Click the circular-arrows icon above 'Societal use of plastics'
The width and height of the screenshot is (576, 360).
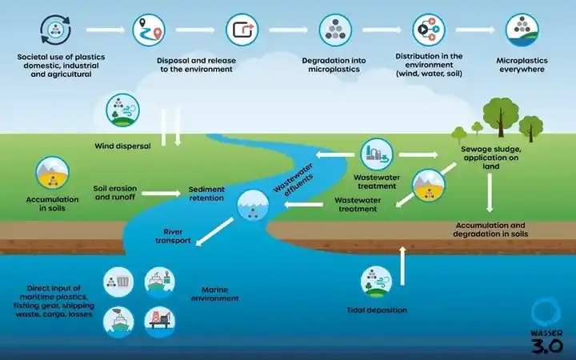[55, 30]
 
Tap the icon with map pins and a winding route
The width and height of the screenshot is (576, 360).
[149, 30]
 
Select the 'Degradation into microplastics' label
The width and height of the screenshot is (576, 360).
[334, 65]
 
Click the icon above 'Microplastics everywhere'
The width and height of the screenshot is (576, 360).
[522, 30]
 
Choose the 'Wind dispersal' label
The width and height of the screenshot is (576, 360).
[122, 146]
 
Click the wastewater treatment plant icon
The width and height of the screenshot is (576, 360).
[377, 154]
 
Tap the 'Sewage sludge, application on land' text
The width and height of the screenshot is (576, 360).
[490, 158]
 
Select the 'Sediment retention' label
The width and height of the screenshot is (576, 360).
[206, 194]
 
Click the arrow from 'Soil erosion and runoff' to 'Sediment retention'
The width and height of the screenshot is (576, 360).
[162, 194]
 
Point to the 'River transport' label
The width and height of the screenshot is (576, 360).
[173, 236]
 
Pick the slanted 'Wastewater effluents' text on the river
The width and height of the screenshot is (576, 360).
[294, 178]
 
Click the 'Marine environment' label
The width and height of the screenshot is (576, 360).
[215, 294]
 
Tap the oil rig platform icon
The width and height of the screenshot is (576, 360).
[160, 322]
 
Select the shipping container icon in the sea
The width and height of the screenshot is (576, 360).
[118, 282]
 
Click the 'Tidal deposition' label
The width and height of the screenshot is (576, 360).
[377, 310]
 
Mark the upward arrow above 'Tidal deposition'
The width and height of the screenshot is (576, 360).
[402, 266]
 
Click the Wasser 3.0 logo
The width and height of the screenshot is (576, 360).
[546, 326]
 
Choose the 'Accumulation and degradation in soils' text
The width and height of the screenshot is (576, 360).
[490, 230]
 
